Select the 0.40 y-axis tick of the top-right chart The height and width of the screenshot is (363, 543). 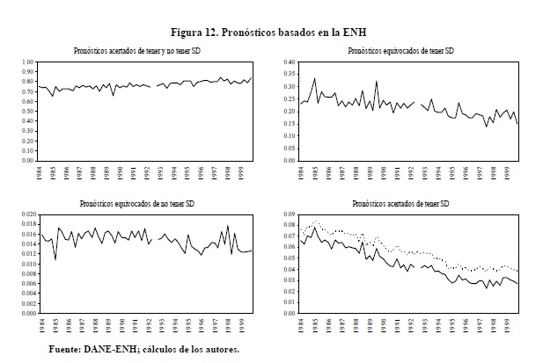point(287,62)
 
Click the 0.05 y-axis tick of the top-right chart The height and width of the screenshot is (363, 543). point(287,149)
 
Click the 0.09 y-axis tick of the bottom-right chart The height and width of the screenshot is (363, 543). point(287,214)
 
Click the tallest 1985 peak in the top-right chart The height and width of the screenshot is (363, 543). point(314,79)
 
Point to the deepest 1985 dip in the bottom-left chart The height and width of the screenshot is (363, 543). point(55,259)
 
